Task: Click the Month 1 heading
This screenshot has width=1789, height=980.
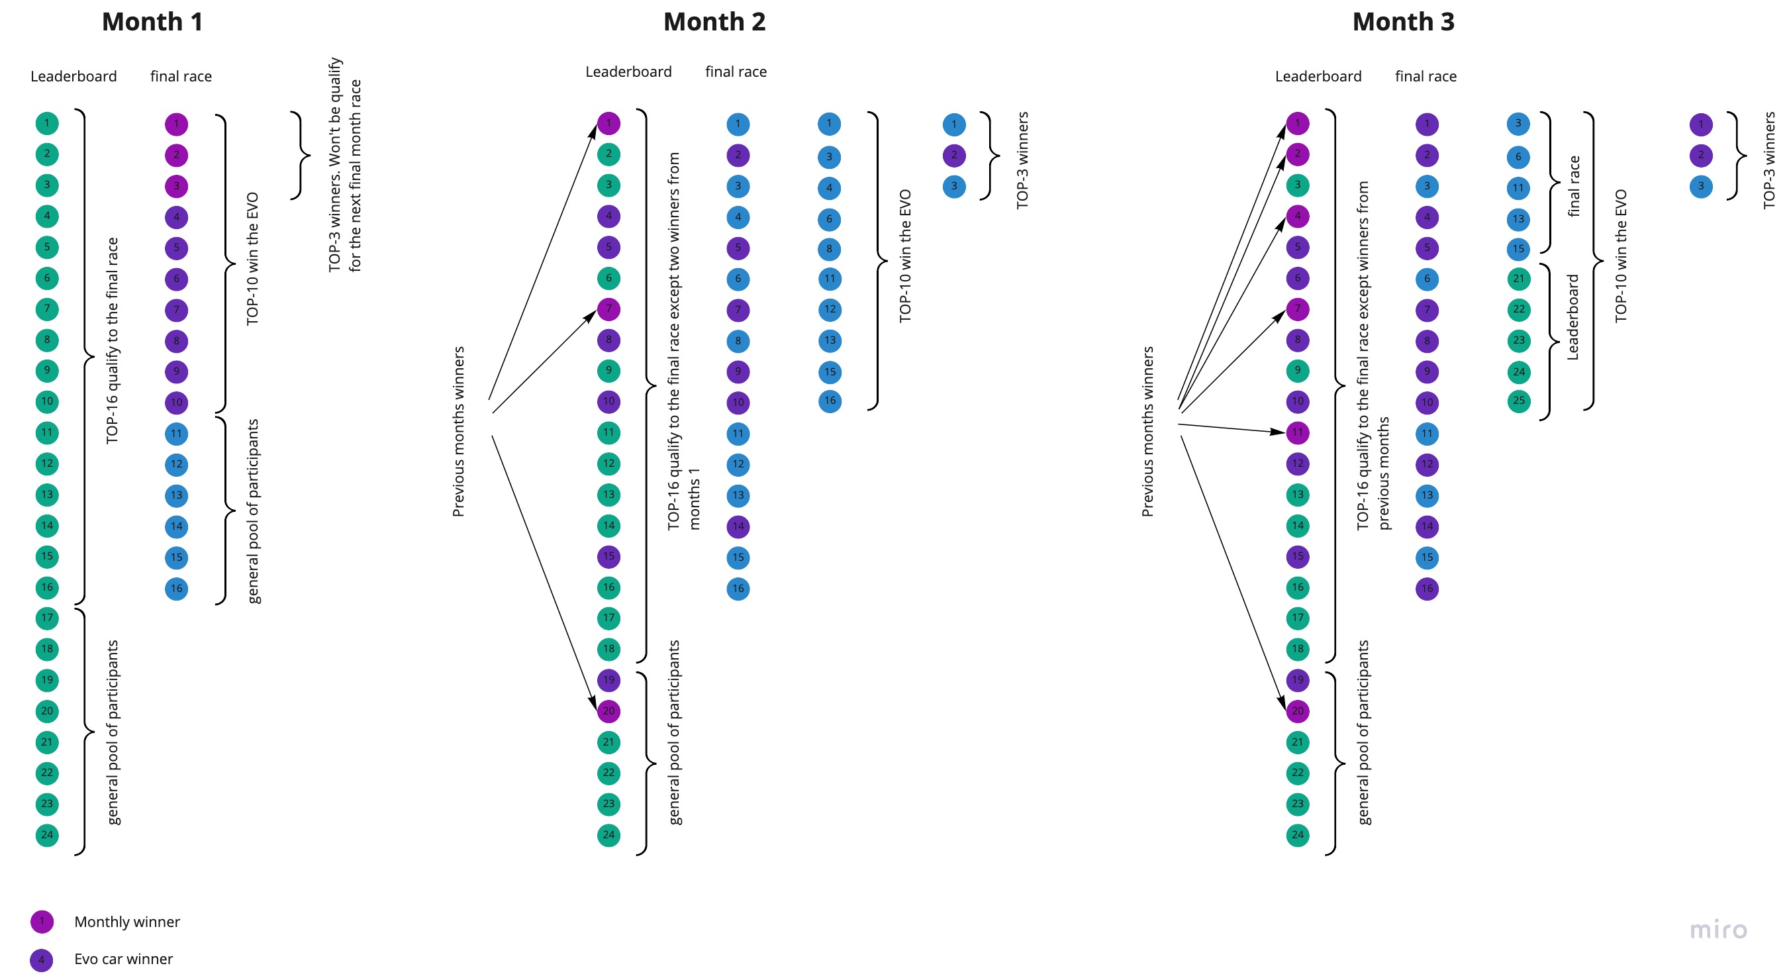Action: click(152, 23)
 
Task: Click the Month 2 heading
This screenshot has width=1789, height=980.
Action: click(714, 23)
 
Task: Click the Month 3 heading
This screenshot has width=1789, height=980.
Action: click(1403, 23)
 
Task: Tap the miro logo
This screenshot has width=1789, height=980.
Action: click(1718, 929)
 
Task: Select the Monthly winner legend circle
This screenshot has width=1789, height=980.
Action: click(42, 922)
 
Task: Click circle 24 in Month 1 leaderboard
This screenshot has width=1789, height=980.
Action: click(46, 835)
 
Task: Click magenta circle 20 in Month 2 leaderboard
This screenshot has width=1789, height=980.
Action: click(608, 711)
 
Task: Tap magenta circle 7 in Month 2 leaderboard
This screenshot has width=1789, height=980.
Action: click(608, 309)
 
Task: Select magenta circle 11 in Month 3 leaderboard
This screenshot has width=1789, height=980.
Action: click(1297, 432)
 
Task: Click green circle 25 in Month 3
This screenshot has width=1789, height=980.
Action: click(1519, 401)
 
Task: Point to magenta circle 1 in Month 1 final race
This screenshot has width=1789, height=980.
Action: click(176, 124)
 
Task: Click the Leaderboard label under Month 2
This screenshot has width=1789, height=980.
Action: click(628, 72)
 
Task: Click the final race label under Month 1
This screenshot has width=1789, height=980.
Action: click(181, 76)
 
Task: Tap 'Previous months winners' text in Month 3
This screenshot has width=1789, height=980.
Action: click(1147, 431)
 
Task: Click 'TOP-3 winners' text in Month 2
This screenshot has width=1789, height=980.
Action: click(1022, 160)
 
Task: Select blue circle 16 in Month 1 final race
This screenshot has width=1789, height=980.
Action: click(176, 589)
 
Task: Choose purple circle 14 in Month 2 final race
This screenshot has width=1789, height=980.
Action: click(738, 526)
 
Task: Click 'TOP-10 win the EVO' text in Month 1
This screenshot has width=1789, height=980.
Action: click(252, 258)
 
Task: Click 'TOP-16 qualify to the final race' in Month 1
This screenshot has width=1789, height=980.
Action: click(112, 340)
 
